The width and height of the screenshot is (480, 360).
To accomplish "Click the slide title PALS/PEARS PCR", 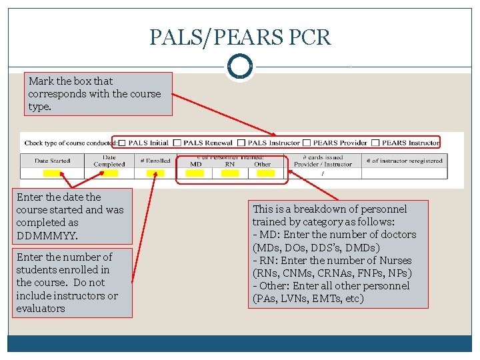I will [x=240, y=37].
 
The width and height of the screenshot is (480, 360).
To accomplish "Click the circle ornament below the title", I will [x=240, y=67].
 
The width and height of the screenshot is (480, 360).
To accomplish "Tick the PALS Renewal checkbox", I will [x=177, y=143].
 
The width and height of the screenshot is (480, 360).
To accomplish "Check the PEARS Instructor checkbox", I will [x=376, y=143].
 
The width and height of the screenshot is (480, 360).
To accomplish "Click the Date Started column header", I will [x=52, y=161].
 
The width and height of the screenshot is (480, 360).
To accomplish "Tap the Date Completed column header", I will [x=109, y=161].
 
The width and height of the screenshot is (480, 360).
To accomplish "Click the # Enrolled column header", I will [x=155, y=161].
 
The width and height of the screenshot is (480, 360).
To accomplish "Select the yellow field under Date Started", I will [x=52, y=173].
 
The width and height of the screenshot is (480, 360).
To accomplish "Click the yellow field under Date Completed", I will [x=108, y=173].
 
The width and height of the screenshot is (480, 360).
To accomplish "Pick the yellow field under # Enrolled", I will [x=155, y=173].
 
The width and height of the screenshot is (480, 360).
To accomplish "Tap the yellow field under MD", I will [x=195, y=173].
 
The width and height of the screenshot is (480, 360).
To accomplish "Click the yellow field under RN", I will [x=230, y=173].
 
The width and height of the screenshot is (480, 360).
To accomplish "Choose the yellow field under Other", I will [x=265, y=173].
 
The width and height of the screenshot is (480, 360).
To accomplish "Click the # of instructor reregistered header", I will [x=404, y=161].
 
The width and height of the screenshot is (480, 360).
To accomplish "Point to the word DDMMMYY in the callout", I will [x=47, y=235].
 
